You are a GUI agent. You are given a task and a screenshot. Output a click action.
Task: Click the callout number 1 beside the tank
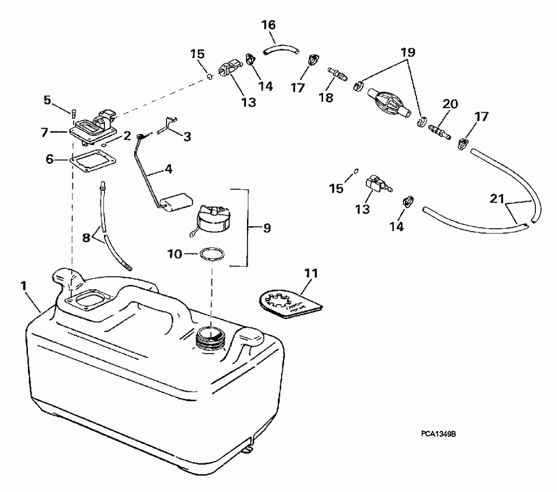tap(23, 286)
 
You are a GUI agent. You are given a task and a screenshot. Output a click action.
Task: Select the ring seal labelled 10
tap(210, 254)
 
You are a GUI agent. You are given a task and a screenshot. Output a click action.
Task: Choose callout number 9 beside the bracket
tap(267, 228)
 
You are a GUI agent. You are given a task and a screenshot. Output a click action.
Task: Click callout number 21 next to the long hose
tap(496, 199)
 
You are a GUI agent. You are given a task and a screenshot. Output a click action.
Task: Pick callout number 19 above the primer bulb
tap(408, 53)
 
